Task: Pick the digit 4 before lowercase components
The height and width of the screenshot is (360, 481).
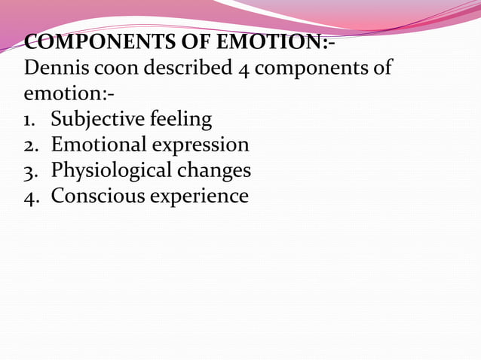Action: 243,68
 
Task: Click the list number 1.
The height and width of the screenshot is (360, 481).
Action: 31,119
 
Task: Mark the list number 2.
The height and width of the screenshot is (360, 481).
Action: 31,145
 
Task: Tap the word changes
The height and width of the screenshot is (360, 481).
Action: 214,171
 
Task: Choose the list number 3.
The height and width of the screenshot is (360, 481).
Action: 31,171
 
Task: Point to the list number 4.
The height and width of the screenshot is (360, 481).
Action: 31,197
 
